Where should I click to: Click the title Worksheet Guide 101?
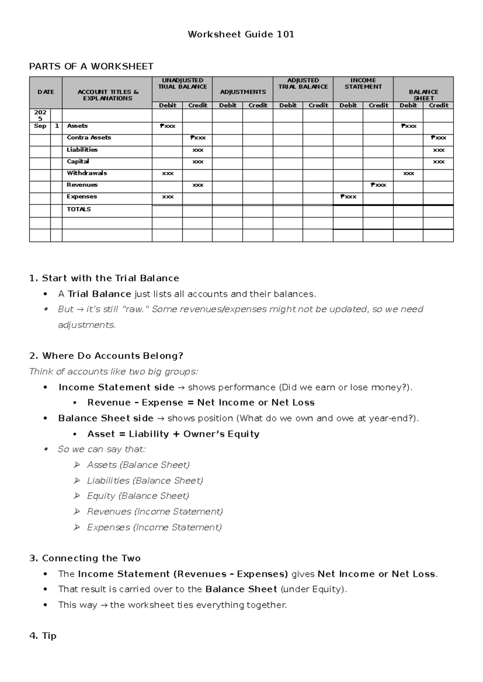tap(241, 35)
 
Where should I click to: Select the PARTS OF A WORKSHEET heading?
tap(91, 66)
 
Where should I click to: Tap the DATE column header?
tap(45, 92)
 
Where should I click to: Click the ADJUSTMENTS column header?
tap(243, 92)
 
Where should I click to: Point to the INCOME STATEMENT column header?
tap(363, 84)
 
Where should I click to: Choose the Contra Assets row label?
tap(89, 138)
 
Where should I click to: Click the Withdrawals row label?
tap(87, 173)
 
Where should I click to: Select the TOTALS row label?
tap(78, 209)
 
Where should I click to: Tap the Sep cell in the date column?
tap(40, 126)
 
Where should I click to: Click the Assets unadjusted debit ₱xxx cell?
tap(167, 126)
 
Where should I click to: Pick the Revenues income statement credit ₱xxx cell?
tap(378, 185)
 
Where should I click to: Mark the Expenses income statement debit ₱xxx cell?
tap(348, 197)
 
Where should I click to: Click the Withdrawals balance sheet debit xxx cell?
tap(408, 173)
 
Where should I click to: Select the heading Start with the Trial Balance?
tap(110, 278)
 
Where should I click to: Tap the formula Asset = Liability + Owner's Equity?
tap(173, 434)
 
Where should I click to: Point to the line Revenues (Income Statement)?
tap(155, 511)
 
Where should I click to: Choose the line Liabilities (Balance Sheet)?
tap(145, 481)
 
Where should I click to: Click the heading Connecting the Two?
tap(91, 558)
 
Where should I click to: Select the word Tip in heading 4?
tap(49, 636)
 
